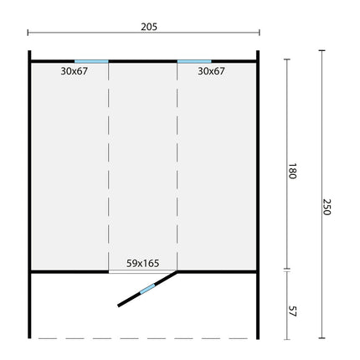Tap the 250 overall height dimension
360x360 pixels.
coord(327,207)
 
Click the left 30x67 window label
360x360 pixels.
coord(75,71)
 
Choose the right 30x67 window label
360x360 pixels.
coord(211,71)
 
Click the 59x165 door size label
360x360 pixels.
coord(142,263)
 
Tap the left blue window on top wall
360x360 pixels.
coord(91,60)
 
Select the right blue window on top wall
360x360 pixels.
coord(193,60)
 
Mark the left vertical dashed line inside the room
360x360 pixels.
coord(108,167)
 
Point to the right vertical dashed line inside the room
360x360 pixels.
coord(177,167)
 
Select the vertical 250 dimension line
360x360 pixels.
coord(322,126)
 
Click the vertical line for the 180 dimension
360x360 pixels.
coord(288,109)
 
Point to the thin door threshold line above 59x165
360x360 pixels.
coord(142,271)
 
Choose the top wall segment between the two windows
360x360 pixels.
coord(142,60)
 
